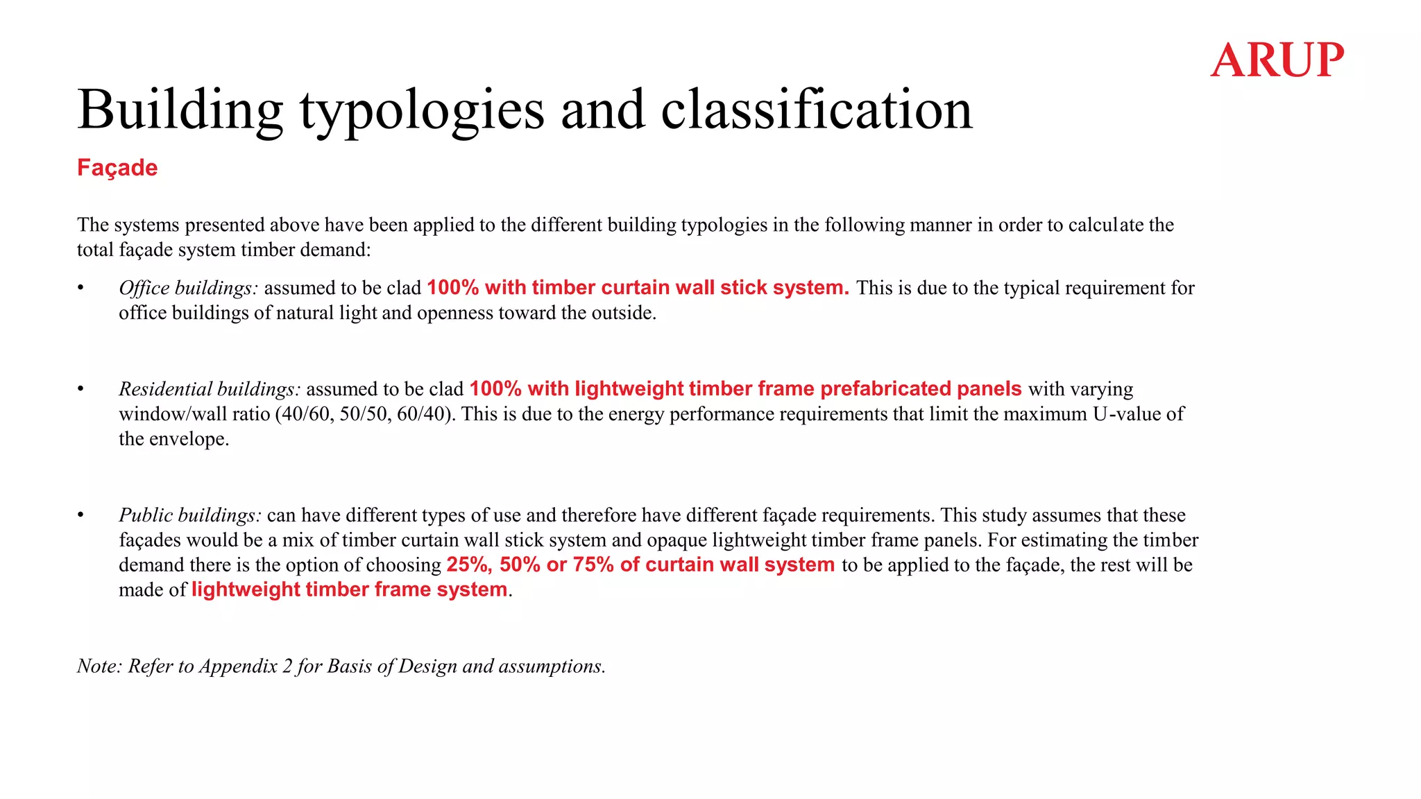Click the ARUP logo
(x=1277, y=60)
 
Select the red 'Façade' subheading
(x=117, y=168)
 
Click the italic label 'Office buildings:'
(x=188, y=288)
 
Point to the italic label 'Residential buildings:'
(x=210, y=389)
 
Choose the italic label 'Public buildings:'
(x=190, y=515)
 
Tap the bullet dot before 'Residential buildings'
(x=80, y=389)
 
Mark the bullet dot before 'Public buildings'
(x=80, y=515)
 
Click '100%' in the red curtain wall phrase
(x=452, y=288)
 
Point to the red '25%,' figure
(x=470, y=565)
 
